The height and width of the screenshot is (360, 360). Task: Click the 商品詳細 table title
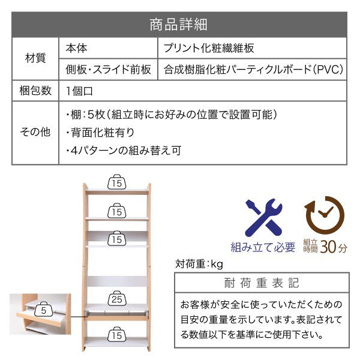pos(178,25)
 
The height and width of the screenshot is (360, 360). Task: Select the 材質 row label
pos(35,58)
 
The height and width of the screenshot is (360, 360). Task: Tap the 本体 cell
pos(76,48)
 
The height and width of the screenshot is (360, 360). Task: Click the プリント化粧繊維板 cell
pos(208,48)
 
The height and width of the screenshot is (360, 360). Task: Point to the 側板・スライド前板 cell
pos(108,70)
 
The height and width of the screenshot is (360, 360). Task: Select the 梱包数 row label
pos(35,91)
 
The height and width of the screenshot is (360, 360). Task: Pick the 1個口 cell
pos(79,91)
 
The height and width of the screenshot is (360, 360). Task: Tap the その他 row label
pos(35,132)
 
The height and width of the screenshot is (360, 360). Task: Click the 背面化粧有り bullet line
pos(100,133)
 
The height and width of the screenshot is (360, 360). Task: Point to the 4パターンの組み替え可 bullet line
pos(124,151)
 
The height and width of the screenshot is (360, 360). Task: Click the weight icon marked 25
pos(116,298)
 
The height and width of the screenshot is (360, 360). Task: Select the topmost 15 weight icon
pos(116,182)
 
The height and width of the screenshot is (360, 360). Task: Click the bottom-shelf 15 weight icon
pos(116,335)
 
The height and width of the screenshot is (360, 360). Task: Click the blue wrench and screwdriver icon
pos(263,217)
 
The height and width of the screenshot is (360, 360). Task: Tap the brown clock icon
pos(324,215)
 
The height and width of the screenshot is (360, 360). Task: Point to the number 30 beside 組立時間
pos(328,247)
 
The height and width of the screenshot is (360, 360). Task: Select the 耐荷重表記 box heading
pos(262,283)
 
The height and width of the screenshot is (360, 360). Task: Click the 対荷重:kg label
pos(199,264)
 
